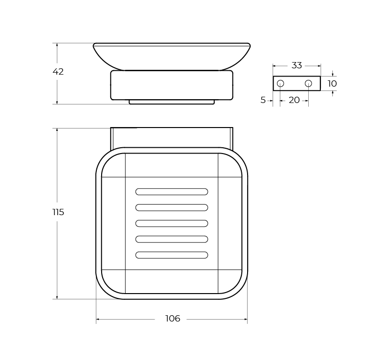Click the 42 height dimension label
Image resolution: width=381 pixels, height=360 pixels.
pos(58,72)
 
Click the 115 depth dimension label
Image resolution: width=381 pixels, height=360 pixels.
pos(58,212)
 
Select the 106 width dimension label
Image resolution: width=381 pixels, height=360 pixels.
pos(173,319)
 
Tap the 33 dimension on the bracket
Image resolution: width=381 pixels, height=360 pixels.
pos(297,65)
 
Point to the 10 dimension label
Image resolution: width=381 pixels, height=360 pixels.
pos(332,84)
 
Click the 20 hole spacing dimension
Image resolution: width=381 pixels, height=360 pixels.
pos(294,100)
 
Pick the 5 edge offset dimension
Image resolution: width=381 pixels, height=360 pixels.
pos(263,100)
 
